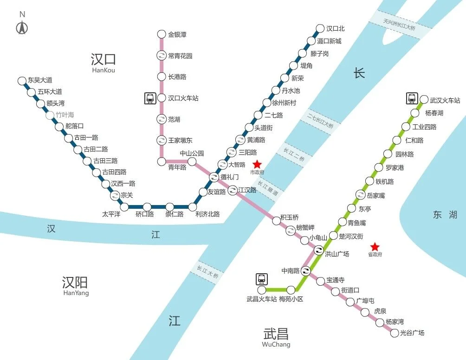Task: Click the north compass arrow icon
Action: click(x=22, y=28)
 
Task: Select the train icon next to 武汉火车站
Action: click(x=412, y=98)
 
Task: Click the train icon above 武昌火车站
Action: click(x=262, y=279)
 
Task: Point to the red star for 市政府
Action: click(x=257, y=165)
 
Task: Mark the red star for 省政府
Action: click(x=375, y=247)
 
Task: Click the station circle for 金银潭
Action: click(x=162, y=34)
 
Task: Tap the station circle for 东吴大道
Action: click(x=21, y=81)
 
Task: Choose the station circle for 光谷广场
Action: click(x=395, y=333)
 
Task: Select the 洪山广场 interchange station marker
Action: click(x=319, y=251)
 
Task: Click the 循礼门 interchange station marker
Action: click(x=214, y=177)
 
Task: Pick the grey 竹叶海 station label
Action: click(x=65, y=115)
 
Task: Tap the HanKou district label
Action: click(x=103, y=70)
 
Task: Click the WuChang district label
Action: click(x=276, y=345)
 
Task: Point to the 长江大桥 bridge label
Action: click(x=207, y=269)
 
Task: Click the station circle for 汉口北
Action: click(x=320, y=28)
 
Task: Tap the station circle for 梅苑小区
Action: click(x=291, y=290)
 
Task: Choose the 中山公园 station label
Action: click(x=192, y=153)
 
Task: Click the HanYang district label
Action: click(x=75, y=293)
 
